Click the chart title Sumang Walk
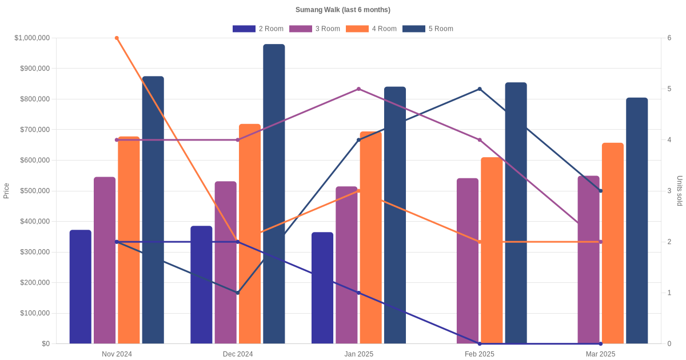tap(343, 10)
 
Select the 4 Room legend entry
tap(371, 29)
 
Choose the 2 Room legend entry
tap(258, 29)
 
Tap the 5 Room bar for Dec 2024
tap(274, 194)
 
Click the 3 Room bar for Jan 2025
tap(346, 265)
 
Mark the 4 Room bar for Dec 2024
tap(250, 234)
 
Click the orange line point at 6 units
tap(117, 38)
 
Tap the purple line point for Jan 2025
tap(358, 89)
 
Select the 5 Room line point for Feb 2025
tap(480, 89)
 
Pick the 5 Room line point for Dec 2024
tap(238, 293)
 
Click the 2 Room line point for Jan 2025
tap(358, 293)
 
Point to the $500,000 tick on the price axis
tap(34, 191)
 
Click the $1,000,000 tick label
tap(32, 38)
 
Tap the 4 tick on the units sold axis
tap(669, 140)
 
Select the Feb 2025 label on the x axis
tap(480, 354)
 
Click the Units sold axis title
tap(680, 191)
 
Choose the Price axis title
tap(6, 191)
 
